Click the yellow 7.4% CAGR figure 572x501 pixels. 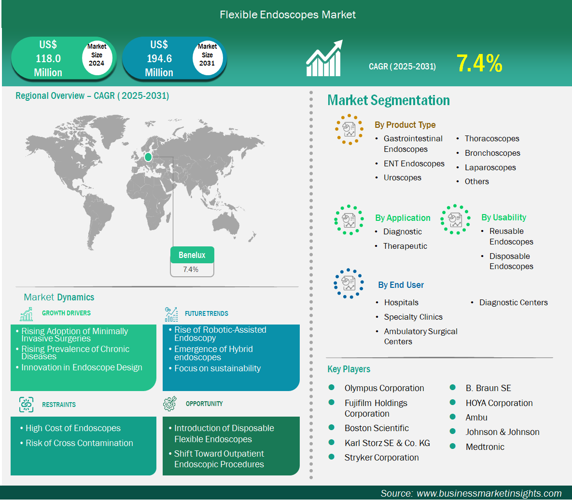(479, 64)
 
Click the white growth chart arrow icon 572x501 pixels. (324, 59)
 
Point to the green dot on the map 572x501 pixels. (148, 157)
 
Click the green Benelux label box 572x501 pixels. (192, 255)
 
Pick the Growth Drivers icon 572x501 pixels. (27, 314)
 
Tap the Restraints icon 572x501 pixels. (26, 405)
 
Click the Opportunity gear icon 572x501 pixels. (170, 404)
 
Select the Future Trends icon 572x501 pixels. (171, 314)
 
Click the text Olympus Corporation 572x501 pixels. (384, 388)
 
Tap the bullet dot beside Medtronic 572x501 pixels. (453, 446)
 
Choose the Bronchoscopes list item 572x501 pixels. (492, 153)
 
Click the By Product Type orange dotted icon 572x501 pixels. (349, 129)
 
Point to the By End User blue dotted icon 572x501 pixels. (348, 283)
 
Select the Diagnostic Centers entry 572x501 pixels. (513, 302)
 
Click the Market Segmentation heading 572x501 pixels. (389, 100)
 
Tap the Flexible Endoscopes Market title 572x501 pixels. (288, 15)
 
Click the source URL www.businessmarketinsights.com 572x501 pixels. (489, 493)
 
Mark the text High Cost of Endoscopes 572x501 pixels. (73, 428)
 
